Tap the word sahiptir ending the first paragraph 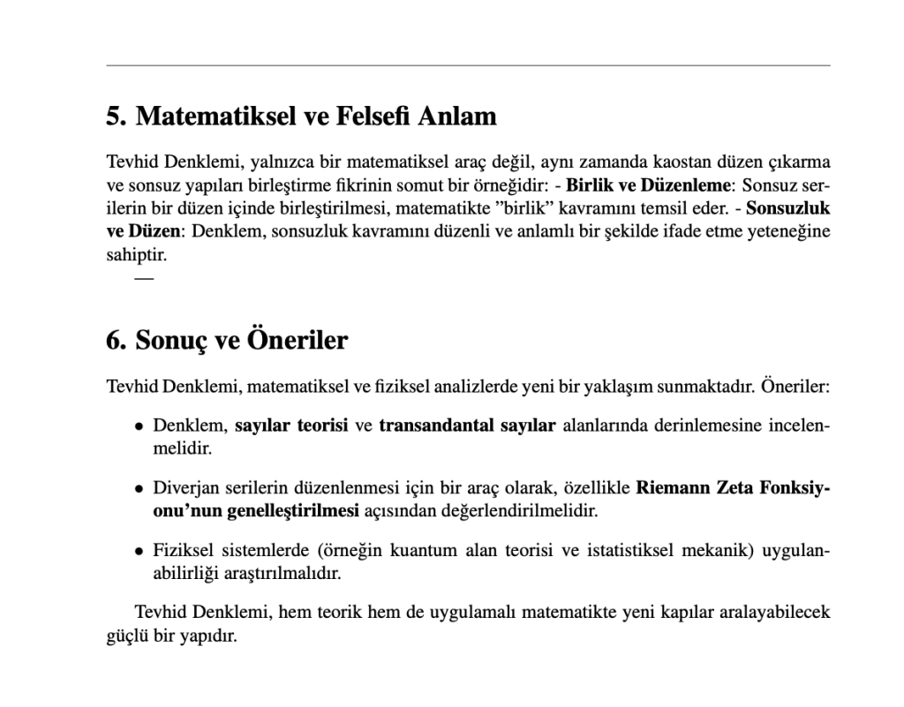point(136,256)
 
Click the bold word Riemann point(673,487)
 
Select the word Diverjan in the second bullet point(181,487)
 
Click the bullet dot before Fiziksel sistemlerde point(139,551)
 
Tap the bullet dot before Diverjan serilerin point(139,488)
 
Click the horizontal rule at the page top point(468,65)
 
